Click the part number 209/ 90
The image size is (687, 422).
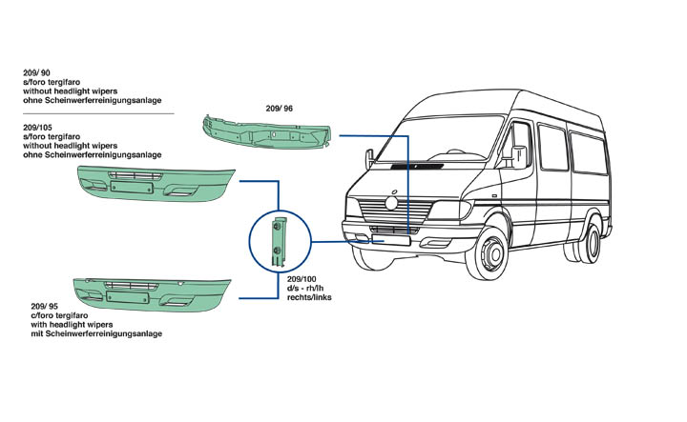pyautogui.click(x=37, y=72)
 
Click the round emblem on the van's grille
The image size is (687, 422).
pyautogui.click(x=389, y=203)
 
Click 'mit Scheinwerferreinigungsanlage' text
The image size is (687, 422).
pyautogui.click(x=96, y=334)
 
